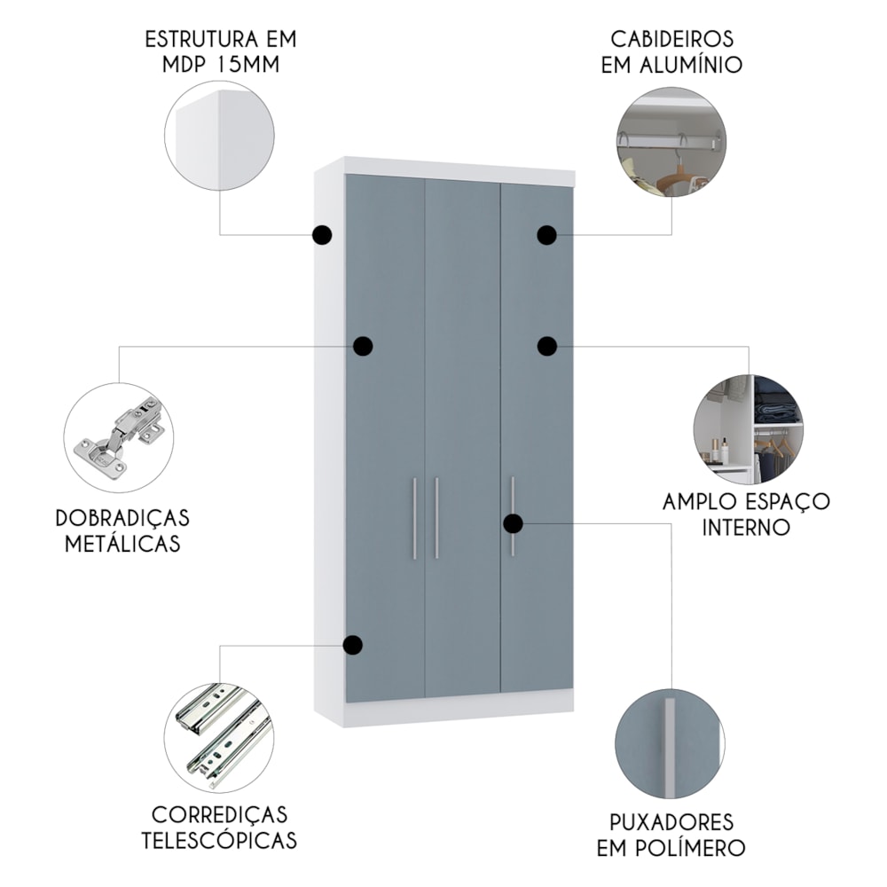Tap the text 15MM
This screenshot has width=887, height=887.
pyautogui.click(x=247, y=65)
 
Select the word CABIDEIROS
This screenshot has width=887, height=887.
pyautogui.click(x=672, y=39)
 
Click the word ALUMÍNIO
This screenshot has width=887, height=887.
pyautogui.click(x=691, y=65)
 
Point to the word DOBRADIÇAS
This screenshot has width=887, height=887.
pyautogui.click(x=122, y=518)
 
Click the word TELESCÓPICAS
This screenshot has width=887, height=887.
pyautogui.click(x=219, y=841)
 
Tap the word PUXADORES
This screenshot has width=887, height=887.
pyautogui.click(x=671, y=822)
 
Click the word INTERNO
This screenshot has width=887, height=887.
pyautogui.click(x=746, y=527)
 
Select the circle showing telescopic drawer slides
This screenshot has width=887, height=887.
pyautogui.click(x=219, y=738)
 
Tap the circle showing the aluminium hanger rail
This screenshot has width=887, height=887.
pyautogui.click(x=671, y=142)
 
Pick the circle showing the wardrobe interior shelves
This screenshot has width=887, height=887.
pyautogui.click(x=749, y=430)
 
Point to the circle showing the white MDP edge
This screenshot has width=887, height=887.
pyautogui.click(x=219, y=136)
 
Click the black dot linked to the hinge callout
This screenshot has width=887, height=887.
pyautogui.click(x=363, y=346)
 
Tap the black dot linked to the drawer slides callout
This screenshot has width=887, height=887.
pyautogui.click(x=353, y=645)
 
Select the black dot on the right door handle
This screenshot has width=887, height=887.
pyautogui.click(x=513, y=524)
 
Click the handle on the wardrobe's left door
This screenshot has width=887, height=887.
pyautogui.click(x=414, y=518)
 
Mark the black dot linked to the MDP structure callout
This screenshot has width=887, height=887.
pyautogui.click(x=322, y=235)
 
